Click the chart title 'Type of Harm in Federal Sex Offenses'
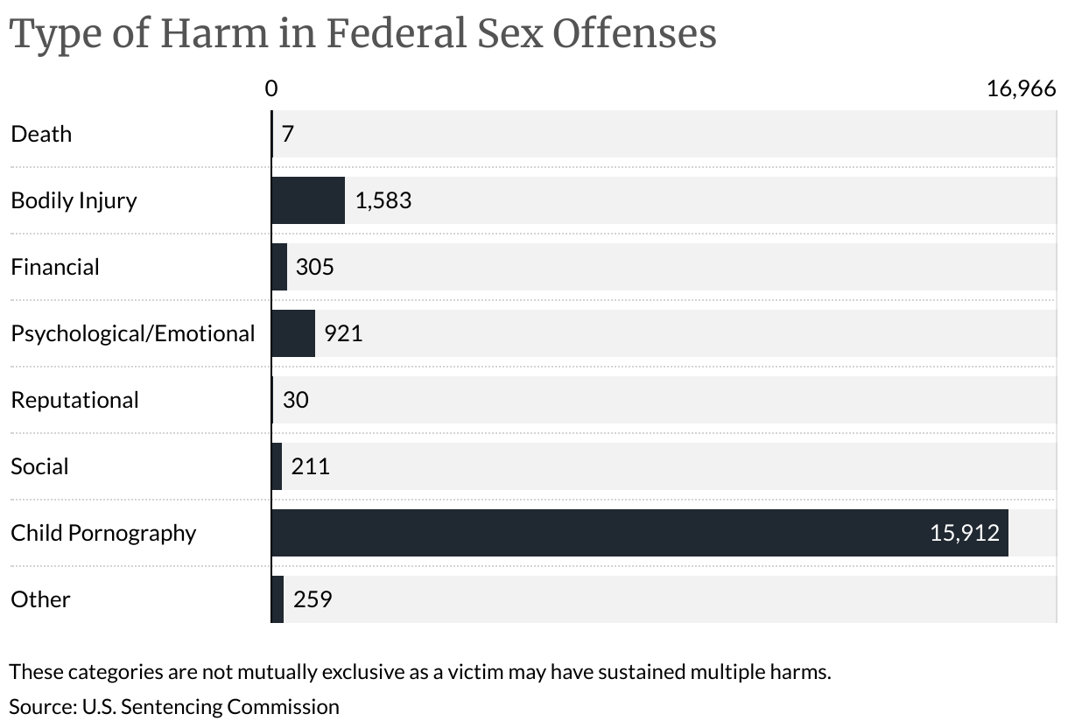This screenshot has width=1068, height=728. point(362,33)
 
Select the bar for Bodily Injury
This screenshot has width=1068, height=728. point(308,200)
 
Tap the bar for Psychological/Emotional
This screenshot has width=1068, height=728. point(293,333)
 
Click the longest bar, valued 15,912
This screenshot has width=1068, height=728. point(639,533)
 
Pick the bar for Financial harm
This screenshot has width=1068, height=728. point(279,267)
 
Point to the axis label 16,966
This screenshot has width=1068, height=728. point(1021,88)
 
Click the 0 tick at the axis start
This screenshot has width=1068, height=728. point(271,88)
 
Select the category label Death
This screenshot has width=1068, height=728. point(41,134)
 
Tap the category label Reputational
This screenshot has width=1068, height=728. point(74,400)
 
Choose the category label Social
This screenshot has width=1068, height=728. point(39,466)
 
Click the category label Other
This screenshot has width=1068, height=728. point(40,599)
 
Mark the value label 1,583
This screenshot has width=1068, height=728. point(383,200)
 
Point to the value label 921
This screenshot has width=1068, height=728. point(343,333)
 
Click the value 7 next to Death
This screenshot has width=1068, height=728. point(287,134)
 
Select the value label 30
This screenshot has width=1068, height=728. point(296,400)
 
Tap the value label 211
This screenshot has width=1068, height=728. point(310,466)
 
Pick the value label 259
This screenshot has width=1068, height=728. point(313,599)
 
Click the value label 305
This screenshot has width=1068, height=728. point(315,267)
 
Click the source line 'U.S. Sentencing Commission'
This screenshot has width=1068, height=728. point(174,706)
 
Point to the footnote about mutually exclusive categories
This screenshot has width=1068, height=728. point(419,673)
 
